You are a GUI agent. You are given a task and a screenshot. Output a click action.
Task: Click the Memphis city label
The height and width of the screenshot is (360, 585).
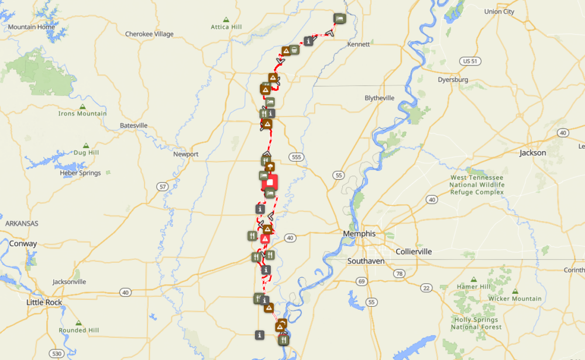point(359,233)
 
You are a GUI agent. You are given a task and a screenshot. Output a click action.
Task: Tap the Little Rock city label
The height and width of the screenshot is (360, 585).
point(44,302)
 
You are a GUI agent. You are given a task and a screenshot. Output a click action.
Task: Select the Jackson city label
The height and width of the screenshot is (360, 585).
point(532,153)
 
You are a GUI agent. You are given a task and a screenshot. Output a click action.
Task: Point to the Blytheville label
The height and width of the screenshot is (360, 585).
point(379,98)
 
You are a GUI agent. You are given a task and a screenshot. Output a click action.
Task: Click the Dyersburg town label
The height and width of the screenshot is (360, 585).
point(453,79)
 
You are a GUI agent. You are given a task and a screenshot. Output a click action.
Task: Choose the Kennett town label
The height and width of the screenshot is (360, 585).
point(359,44)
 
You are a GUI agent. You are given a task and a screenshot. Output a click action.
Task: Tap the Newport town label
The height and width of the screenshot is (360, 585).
point(186,154)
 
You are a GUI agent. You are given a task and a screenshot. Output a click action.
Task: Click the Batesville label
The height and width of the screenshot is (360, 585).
point(133,125)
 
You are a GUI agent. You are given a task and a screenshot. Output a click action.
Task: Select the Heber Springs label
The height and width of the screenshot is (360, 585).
point(80,173)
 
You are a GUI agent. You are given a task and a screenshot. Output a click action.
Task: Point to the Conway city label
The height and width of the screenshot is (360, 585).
point(23,244)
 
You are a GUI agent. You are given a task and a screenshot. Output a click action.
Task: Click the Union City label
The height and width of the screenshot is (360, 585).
point(499,11)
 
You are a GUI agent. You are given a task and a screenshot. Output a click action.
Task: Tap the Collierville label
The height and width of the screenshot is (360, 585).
point(414,251)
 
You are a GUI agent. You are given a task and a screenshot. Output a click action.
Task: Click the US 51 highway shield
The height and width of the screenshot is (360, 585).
point(469,61)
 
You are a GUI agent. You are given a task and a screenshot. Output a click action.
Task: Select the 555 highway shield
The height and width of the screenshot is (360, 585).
point(296,157)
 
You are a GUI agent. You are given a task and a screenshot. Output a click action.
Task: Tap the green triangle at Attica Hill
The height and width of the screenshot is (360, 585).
point(226,19)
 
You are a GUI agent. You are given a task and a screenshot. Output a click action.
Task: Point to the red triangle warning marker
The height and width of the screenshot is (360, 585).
point(265,239)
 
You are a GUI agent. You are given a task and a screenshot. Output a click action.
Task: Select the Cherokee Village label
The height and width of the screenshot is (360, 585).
point(149,34)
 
